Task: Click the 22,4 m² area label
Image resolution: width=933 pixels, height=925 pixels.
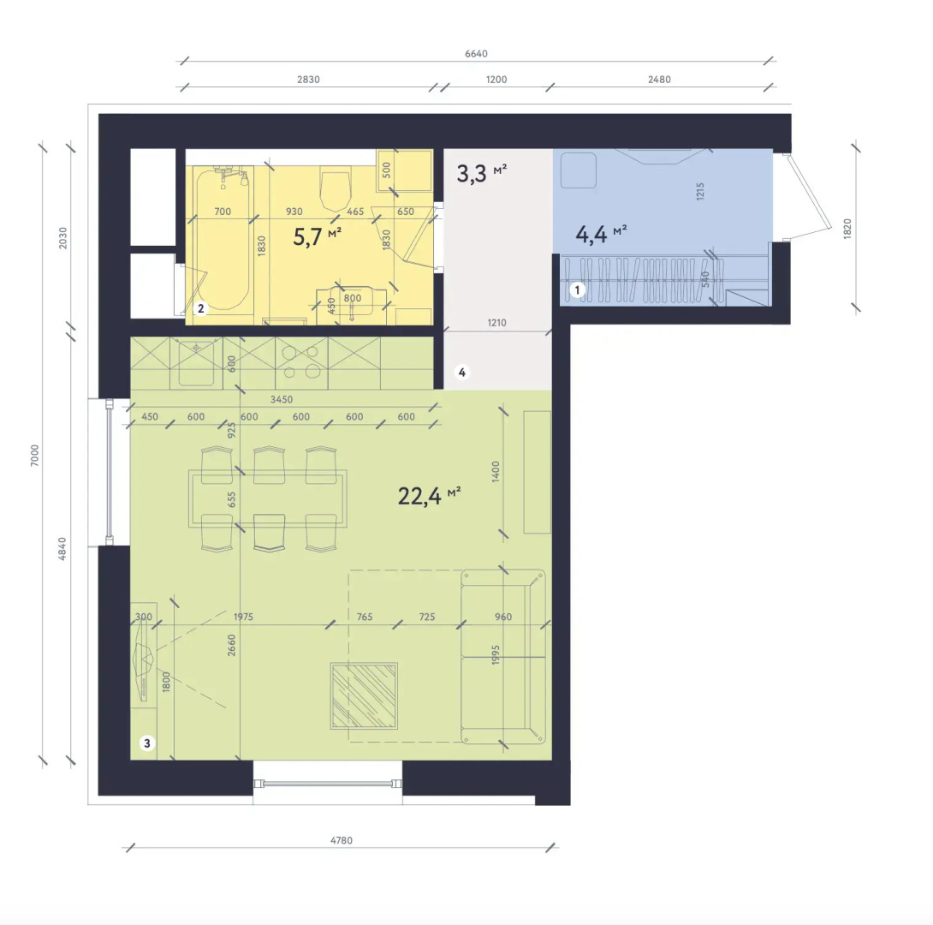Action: coord(429,495)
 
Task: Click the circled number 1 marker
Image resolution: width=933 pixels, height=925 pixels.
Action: coord(578,290)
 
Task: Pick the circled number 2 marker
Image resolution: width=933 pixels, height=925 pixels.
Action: coord(199,308)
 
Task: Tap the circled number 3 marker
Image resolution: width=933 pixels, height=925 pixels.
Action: coord(147,743)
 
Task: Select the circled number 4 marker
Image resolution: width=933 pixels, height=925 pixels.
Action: coord(462,373)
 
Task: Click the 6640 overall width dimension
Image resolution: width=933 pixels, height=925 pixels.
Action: coord(476,54)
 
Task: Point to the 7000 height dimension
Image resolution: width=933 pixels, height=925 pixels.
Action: coord(34,455)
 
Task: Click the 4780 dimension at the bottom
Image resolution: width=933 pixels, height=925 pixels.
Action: coord(342,840)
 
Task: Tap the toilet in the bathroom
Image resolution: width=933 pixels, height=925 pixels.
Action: coord(335,188)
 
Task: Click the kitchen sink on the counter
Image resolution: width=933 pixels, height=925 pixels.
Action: coord(195,362)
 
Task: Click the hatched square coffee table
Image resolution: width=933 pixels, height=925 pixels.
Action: coord(365,695)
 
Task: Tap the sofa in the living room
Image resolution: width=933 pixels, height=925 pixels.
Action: coord(502,656)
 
